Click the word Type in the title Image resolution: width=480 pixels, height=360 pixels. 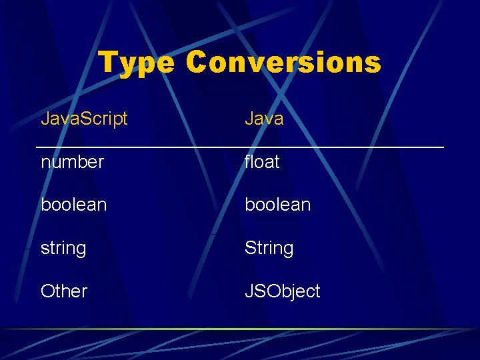pyautogui.click(x=137, y=63)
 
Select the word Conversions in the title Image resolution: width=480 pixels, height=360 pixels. pyautogui.click(x=283, y=63)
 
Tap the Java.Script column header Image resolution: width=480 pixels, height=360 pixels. pyautogui.click(x=84, y=119)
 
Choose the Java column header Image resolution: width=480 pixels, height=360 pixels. pyautogui.click(x=264, y=119)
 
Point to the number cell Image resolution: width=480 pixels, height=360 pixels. pyautogui.click(x=72, y=162)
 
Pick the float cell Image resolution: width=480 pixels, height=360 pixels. pyautogui.click(x=262, y=162)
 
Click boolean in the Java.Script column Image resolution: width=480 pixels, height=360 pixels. pyautogui.click(x=73, y=205)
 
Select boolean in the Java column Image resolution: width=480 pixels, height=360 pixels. pyautogui.click(x=277, y=205)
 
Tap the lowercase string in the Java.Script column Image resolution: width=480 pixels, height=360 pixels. pyautogui.click(x=63, y=249)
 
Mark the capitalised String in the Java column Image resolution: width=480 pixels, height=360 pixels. pyautogui.click(x=269, y=248)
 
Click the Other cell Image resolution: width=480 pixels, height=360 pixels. pyautogui.click(x=64, y=291)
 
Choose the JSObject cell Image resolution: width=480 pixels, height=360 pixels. pyautogui.click(x=282, y=291)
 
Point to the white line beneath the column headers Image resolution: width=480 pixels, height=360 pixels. pyautogui.click(x=240, y=147)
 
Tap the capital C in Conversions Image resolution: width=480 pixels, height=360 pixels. pyautogui.click(x=197, y=63)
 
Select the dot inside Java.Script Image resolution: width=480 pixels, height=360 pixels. pyautogui.click(x=75, y=125)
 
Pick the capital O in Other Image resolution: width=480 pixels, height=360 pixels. pyautogui.click(x=47, y=291)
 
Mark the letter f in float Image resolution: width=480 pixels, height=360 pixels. pyautogui.click(x=248, y=161)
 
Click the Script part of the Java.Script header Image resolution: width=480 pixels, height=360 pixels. pyautogui.click(x=103, y=119)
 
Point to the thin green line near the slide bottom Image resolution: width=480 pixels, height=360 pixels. pyautogui.click(x=240, y=329)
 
